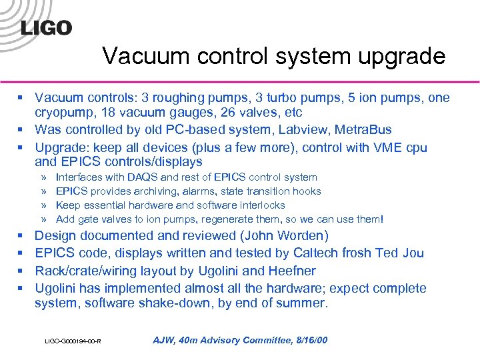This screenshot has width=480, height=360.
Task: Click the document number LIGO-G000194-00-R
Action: pos(73,341)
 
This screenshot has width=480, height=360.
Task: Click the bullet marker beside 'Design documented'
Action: pos(21,235)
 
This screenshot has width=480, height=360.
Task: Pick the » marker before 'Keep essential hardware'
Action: pos(43,205)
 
